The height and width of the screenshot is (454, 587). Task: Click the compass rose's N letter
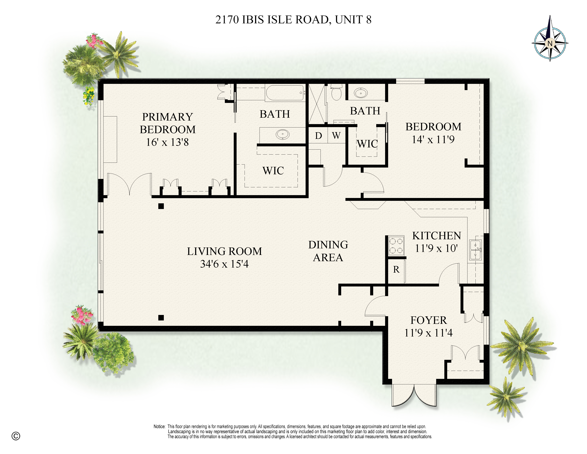[x=550, y=43]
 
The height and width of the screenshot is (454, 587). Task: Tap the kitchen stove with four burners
[x=396, y=246]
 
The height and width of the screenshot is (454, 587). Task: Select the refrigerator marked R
[x=396, y=270]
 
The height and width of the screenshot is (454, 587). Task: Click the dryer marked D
[x=319, y=136]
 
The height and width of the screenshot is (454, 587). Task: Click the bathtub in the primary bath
[x=285, y=93]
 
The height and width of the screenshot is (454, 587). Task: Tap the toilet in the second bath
[x=336, y=92]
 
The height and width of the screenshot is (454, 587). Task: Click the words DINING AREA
[x=328, y=251]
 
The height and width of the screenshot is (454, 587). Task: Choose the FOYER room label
[x=429, y=320]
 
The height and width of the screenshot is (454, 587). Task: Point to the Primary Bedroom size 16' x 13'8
[x=167, y=142]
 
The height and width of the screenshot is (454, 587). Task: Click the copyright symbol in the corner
[x=16, y=436]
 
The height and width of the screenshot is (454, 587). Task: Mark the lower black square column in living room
[x=161, y=318]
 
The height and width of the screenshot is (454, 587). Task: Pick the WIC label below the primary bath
[x=273, y=171]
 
